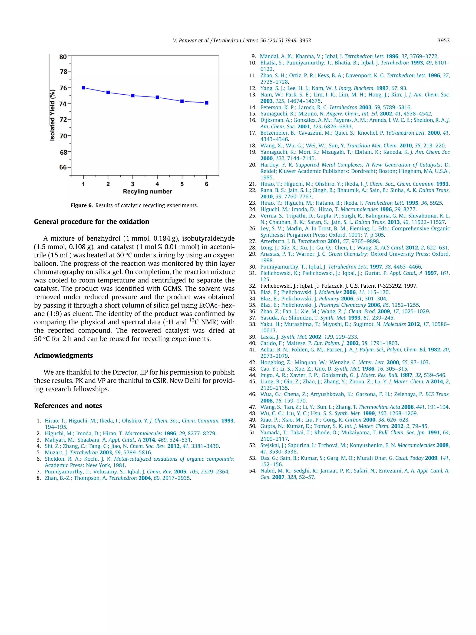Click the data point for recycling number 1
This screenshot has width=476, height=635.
point(83,88)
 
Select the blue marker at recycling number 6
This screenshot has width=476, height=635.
point(207,103)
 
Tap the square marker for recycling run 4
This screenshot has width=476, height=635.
point(157,97)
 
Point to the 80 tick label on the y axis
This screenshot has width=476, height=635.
point(63,57)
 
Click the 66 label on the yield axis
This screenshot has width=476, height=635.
point(63,167)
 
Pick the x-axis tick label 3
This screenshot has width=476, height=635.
point(132,184)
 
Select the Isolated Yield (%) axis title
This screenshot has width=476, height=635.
point(52,115)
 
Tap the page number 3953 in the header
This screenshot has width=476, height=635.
point(443,40)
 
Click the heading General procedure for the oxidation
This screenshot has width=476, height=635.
point(92,222)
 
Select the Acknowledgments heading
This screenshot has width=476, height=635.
point(63,355)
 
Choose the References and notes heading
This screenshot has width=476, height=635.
point(68,406)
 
